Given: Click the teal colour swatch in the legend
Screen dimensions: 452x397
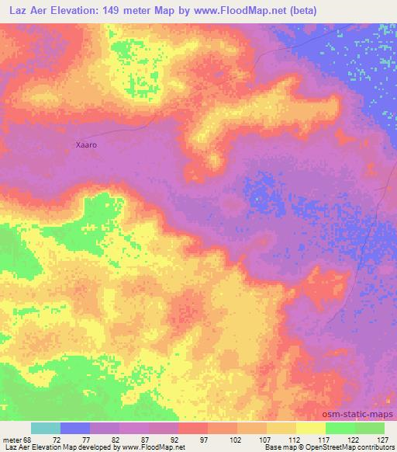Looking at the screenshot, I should [46, 428].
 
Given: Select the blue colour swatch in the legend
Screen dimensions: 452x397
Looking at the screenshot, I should [75, 428].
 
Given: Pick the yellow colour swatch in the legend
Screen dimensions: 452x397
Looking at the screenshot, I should [310, 428].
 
